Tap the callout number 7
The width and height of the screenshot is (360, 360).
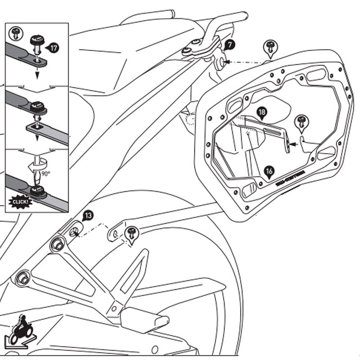coord(229,45)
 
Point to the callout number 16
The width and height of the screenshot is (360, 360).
coord(269,171)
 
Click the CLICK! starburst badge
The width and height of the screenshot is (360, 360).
coord(20,200)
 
